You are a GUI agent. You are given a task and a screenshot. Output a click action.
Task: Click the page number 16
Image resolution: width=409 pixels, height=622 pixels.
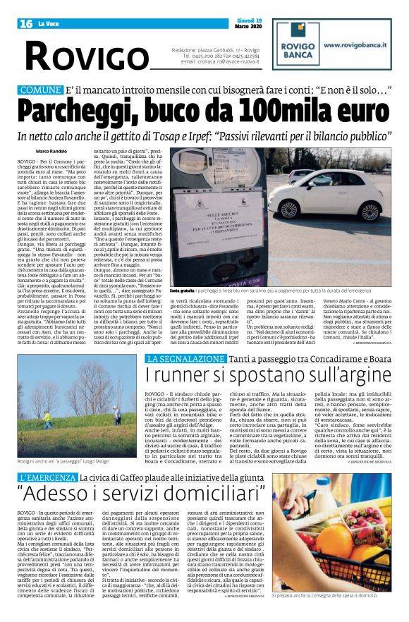coord(26,24)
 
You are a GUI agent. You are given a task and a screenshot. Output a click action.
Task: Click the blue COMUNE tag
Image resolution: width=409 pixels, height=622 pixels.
coord(41,90)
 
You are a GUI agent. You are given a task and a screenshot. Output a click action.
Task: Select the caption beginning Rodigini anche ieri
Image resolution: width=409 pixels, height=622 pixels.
coord(63,461)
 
